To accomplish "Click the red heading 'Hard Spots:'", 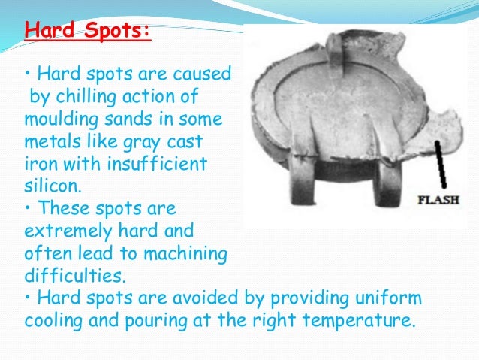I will pyautogui.click(x=87, y=32).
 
